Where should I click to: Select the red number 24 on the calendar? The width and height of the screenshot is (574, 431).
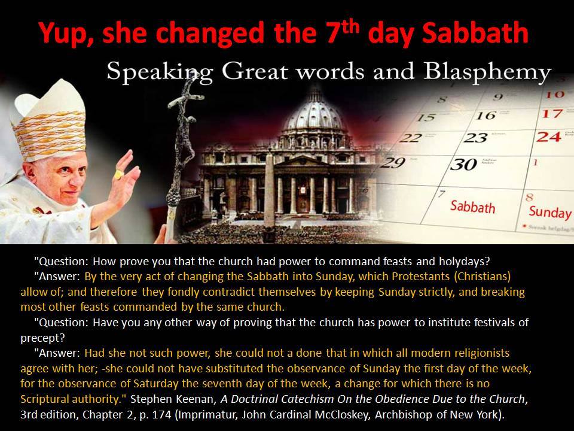548,136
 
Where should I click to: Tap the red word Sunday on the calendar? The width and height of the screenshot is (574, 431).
550,213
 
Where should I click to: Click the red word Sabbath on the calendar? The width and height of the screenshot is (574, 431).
472,207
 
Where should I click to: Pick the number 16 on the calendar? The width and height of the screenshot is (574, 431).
486,115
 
